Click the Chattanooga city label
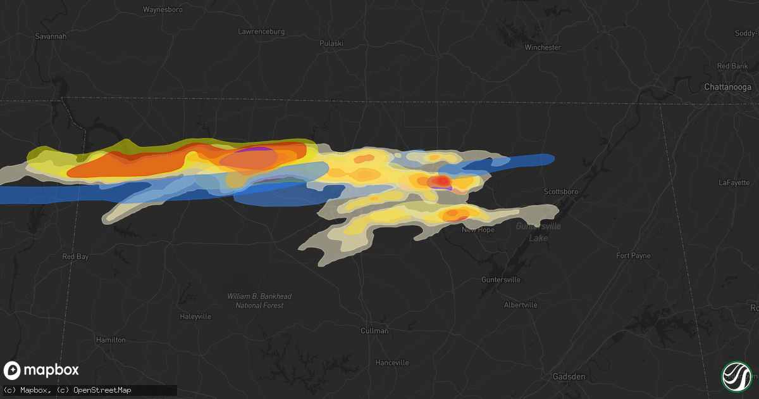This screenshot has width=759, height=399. click(728, 87)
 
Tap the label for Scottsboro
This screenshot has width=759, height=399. click(562, 191)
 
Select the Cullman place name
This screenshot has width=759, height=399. click(374, 331)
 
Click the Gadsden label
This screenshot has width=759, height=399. click(568, 376)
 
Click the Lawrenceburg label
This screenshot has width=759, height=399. click(261, 31)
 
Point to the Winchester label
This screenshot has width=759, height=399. click(543, 47)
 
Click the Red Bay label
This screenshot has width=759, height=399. click(76, 256)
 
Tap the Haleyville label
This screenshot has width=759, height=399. click(195, 316)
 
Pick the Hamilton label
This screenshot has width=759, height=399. click(110, 340)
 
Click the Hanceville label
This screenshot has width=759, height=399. click(392, 363)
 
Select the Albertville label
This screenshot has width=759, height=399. click(521, 305)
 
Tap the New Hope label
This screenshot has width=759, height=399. click(478, 230)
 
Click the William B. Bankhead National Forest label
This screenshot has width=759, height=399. click(259, 301)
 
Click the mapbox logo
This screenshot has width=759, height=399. click(42, 370)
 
